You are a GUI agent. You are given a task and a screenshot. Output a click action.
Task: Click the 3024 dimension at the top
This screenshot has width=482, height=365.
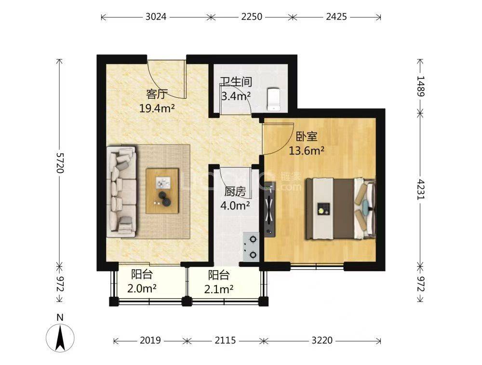(x=156, y=17)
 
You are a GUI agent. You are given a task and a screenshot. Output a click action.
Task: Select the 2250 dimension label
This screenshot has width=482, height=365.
(x=252, y=17)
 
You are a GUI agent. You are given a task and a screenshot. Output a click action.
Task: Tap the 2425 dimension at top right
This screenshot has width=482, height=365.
(x=336, y=17)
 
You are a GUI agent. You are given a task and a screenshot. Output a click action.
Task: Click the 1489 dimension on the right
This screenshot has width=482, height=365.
(x=420, y=86)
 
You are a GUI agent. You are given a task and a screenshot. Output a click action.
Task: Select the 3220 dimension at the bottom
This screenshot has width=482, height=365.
(x=322, y=340)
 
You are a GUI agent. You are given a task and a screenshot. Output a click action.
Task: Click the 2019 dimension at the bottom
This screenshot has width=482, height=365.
(x=150, y=340)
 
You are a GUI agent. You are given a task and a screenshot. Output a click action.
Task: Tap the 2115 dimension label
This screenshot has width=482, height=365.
(x=225, y=340)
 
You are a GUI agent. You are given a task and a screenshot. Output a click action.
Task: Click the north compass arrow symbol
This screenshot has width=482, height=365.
(x=60, y=337)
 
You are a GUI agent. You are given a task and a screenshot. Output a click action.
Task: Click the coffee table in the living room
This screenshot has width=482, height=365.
(x=163, y=191)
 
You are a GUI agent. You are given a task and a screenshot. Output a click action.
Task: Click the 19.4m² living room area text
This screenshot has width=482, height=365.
(x=157, y=108)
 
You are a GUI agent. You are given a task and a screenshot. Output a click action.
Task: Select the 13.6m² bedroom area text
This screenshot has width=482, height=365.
(x=306, y=151)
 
